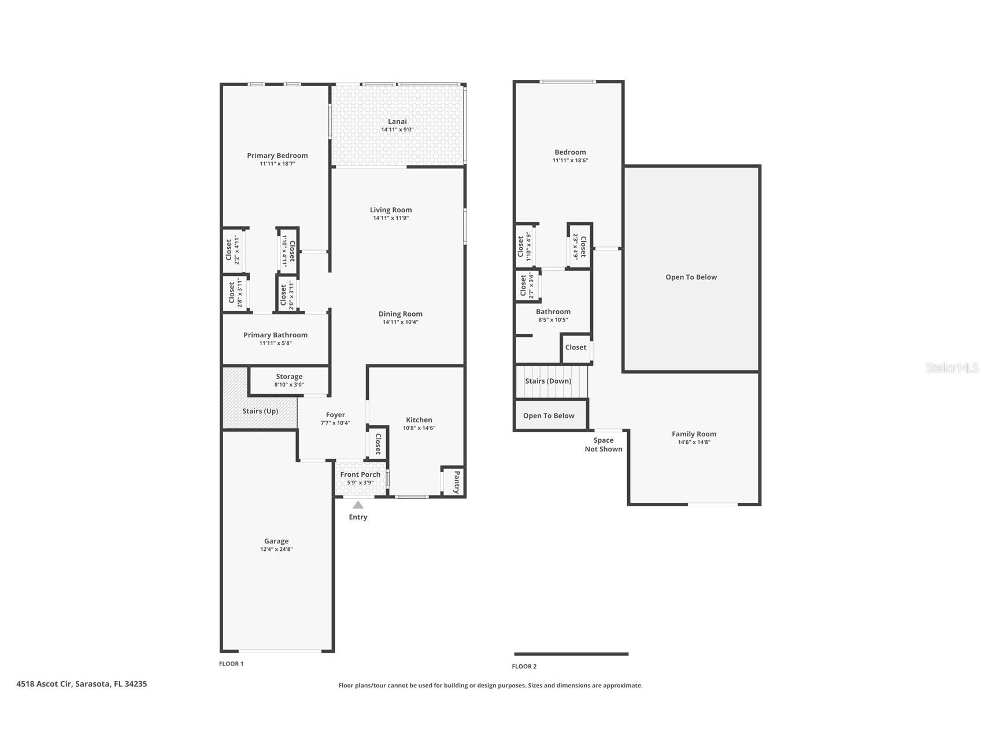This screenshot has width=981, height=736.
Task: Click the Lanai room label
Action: (397, 122)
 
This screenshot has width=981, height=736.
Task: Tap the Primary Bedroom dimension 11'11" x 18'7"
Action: (277, 164)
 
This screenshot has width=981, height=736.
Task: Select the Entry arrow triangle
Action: (358, 505)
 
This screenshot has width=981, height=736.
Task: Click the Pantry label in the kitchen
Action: (457, 482)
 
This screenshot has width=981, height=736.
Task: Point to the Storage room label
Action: (289, 377)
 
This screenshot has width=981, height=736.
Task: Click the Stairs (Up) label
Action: (260, 411)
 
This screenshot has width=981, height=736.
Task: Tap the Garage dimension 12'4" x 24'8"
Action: (276, 549)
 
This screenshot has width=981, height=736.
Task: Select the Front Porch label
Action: (360, 474)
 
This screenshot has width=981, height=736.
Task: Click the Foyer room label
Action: (335, 415)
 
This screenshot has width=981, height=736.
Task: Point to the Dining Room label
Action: (400, 314)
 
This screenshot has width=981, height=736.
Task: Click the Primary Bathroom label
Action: (275, 335)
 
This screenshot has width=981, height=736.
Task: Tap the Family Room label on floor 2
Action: (694, 434)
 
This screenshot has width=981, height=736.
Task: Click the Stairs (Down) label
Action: (548, 381)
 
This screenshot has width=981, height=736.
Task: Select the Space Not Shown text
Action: (604, 444)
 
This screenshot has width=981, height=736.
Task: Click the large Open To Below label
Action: (691, 277)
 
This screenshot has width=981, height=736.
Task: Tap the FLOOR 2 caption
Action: (524, 667)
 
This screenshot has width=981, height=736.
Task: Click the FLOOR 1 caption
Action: (231, 664)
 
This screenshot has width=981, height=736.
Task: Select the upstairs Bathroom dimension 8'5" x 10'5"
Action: (553, 320)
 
